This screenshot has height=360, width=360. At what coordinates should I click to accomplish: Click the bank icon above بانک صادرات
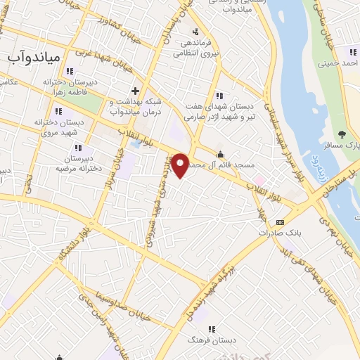[x=281, y=222]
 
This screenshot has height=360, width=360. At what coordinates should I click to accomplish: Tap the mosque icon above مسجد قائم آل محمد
[x=221, y=155]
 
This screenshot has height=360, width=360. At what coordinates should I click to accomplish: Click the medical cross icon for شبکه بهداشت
[x=134, y=91]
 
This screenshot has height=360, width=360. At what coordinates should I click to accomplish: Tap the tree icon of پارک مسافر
[x=342, y=134]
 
